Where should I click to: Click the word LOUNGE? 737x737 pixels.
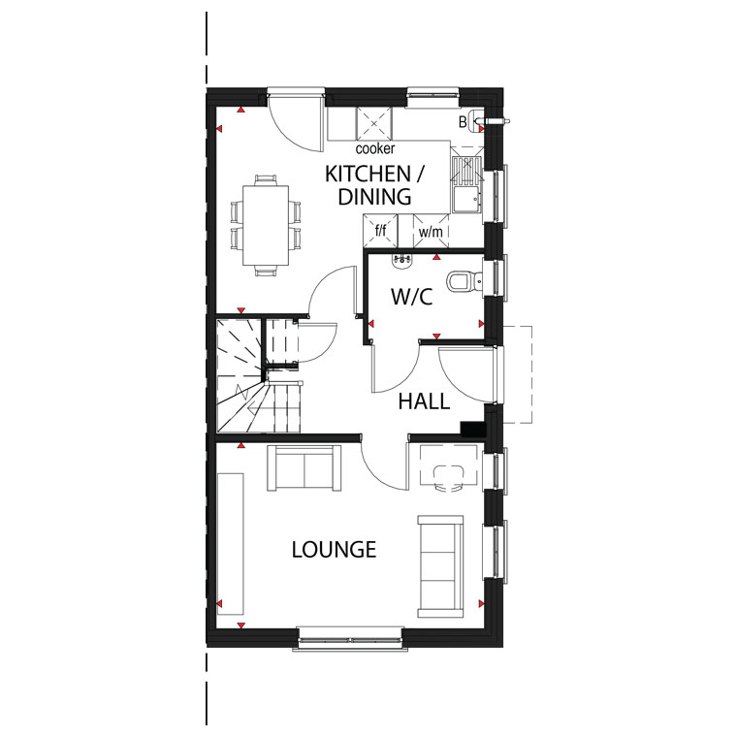(334, 550)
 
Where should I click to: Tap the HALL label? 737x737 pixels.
(424, 401)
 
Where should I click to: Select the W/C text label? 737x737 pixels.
(412, 297)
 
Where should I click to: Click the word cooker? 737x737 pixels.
(375, 149)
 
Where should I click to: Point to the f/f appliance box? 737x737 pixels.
(381, 231)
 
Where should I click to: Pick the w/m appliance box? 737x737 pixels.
(431, 231)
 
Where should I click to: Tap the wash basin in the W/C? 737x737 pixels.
(401, 261)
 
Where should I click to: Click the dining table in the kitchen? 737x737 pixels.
(266, 226)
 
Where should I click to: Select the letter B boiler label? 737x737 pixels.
(463, 122)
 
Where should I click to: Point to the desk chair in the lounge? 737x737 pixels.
(448, 478)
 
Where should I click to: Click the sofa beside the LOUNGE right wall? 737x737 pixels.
(441, 566)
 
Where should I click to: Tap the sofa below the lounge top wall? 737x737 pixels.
(304, 467)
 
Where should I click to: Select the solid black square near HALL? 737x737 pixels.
(472, 430)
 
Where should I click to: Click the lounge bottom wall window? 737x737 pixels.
(350, 639)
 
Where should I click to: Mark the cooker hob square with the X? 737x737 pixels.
(374, 123)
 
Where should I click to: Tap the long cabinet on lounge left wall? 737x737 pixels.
(231, 544)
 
